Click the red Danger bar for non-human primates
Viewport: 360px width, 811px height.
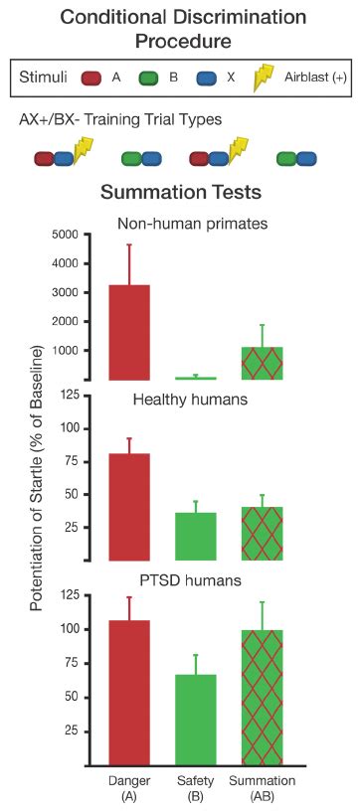pos(128,332)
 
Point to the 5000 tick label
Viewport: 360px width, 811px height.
pos(64,235)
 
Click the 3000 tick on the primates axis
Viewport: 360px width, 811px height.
pos(64,292)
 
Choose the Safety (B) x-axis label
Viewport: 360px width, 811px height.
pos(195,787)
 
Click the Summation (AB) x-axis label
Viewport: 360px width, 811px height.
pos(263,787)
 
